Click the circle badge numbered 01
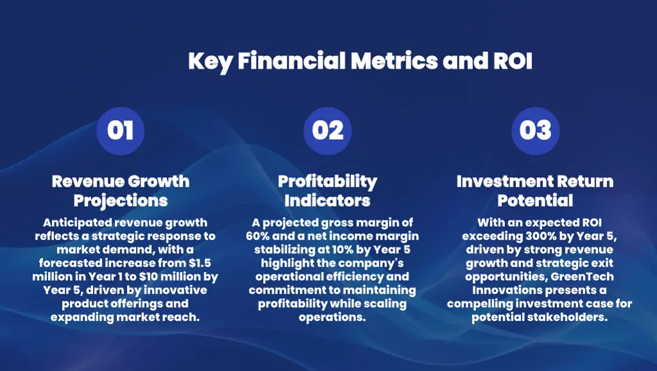click(x=120, y=130)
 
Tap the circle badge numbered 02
click(x=327, y=130)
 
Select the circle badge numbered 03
click(x=535, y=130)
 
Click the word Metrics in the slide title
click(x=395, y=61)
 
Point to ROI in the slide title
click(x=513, y=61)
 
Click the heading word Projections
click(x=121, y=200)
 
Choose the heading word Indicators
click(x=327, y=200)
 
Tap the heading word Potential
click(x=535, y=200)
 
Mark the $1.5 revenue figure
click(x=200, y=263)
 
